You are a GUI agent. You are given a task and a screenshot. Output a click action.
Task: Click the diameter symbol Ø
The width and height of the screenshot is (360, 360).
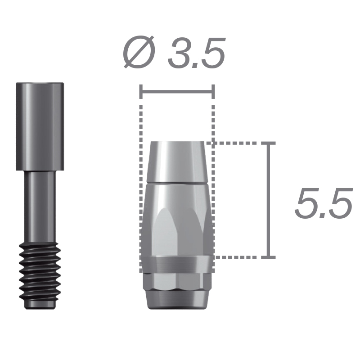point(139,52)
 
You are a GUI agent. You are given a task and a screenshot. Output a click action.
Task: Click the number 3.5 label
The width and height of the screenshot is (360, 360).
point(196,52)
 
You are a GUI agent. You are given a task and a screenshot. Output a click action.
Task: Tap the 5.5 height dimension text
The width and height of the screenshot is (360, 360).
point(323,203)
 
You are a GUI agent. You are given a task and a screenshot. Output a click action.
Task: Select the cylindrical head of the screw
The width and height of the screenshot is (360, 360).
point(40,126)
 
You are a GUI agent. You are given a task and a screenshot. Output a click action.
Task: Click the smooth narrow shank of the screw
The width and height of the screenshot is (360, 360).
point(40,207)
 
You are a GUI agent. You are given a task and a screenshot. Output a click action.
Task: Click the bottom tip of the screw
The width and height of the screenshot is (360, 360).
point(40,306)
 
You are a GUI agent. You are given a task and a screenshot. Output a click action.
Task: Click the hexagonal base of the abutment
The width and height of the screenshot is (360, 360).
point(176,282)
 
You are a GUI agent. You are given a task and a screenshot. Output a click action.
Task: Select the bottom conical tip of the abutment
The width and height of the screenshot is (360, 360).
point(176,300)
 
